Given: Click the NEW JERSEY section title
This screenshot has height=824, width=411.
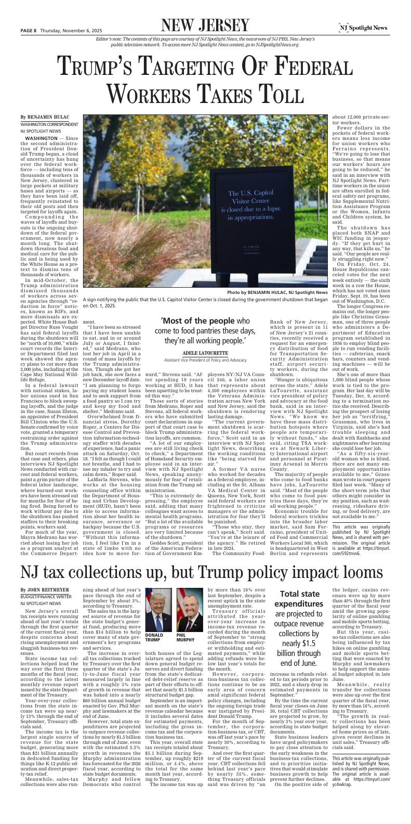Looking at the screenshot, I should pyautogui.click(x=205, y=25).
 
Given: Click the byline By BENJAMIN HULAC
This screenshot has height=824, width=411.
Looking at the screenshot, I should pyautogui.click(x=45, y=118).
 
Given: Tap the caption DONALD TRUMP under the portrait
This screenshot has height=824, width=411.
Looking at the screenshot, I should pyautogui.click(x=155, y=638).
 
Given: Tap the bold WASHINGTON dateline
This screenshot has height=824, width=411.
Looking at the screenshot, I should pyautogui.click(x=42, y=138).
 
